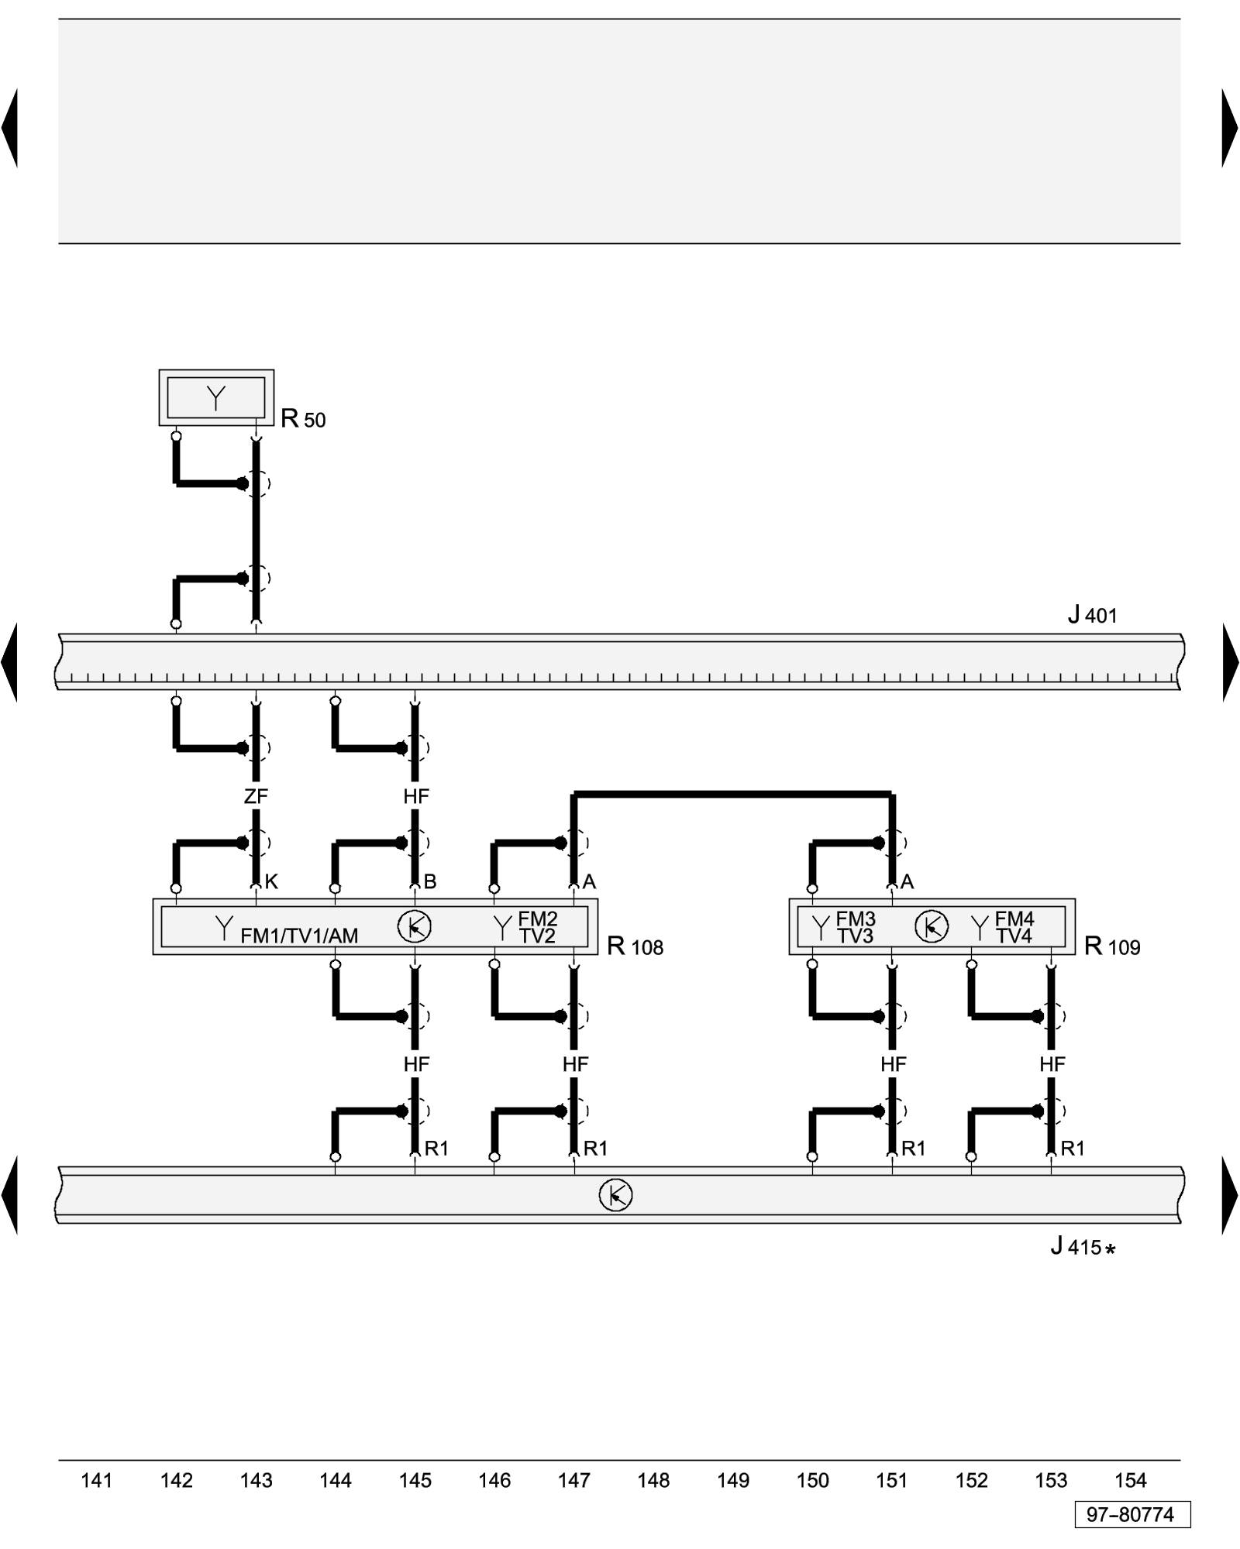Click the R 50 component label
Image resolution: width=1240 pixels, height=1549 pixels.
303,419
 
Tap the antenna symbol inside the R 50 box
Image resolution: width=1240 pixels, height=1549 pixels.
216,398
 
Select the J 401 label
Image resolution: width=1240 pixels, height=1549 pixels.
1092,616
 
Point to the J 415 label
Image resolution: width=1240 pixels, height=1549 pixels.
1083,1246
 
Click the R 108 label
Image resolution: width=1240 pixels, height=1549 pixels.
635,946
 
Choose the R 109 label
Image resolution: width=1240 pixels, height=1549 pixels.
1111,946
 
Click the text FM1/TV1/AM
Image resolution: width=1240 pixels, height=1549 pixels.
299,936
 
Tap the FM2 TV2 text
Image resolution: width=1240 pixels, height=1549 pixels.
537,927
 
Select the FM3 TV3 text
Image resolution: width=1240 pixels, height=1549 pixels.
855,927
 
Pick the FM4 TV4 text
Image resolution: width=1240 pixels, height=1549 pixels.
1014,927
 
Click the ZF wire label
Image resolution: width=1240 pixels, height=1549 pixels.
256,796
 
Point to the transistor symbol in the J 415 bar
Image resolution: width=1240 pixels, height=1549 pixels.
615,1195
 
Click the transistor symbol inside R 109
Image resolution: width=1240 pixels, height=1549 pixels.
931,926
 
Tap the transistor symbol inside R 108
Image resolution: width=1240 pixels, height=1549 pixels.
414,926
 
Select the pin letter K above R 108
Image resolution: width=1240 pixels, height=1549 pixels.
271,881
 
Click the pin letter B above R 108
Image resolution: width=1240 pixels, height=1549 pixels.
430,881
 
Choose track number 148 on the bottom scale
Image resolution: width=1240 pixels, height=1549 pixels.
653,1480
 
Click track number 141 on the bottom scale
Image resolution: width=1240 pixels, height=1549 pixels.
96,1480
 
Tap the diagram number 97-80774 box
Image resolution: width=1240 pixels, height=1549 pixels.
1131,1514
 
